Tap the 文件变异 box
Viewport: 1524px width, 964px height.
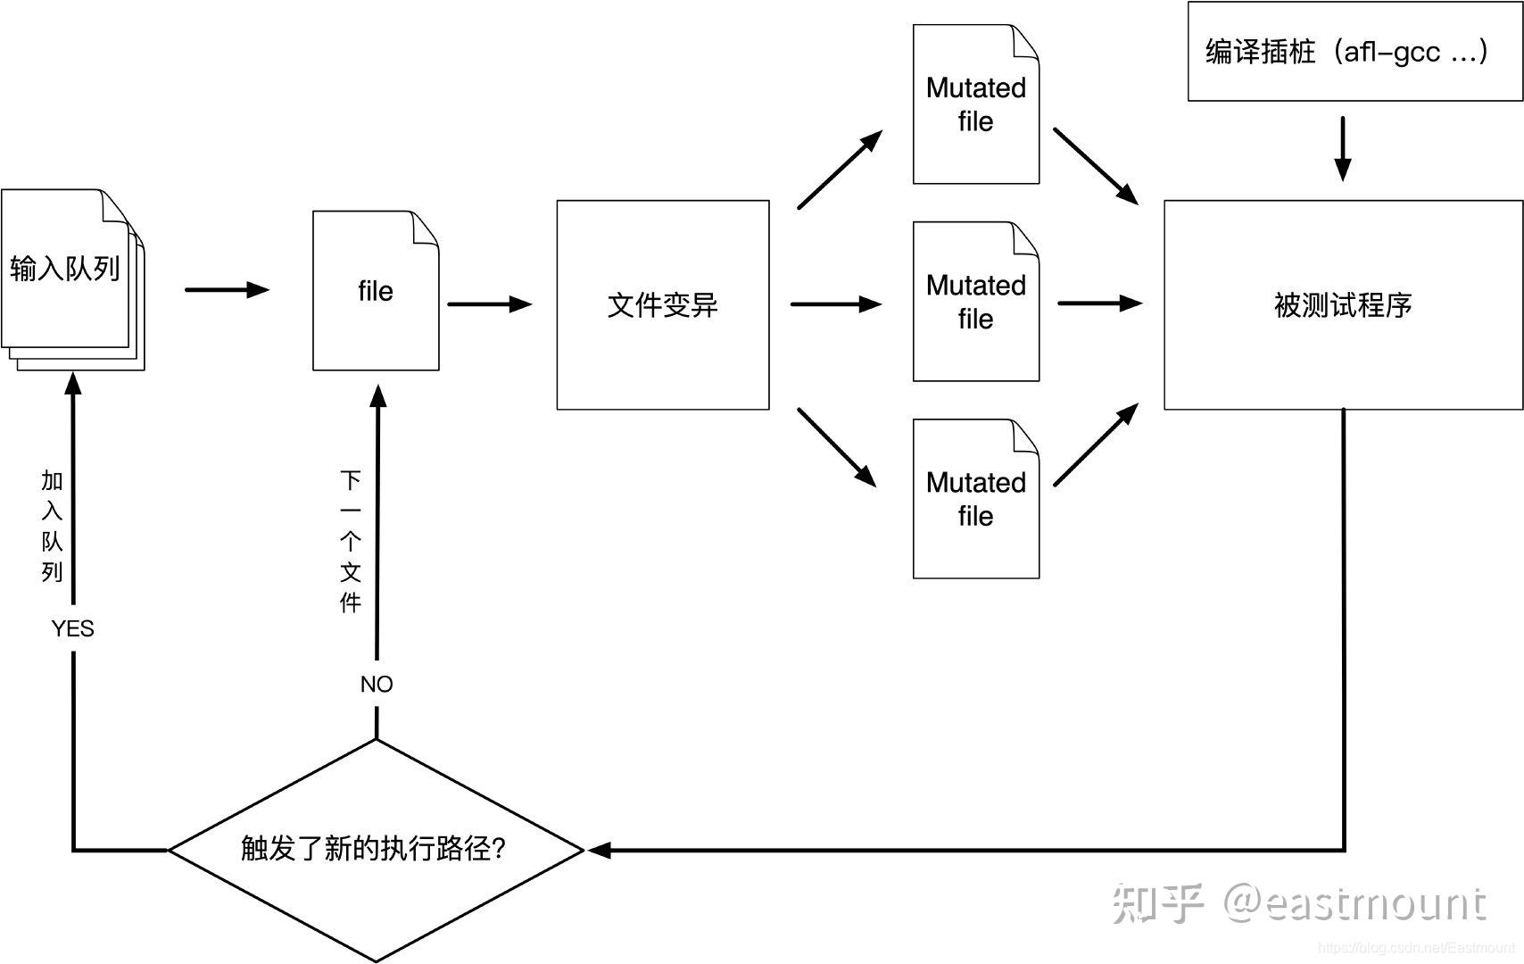pos(662,305)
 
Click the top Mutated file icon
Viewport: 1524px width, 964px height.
pos(975,105)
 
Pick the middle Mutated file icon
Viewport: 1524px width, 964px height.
pos(975,303)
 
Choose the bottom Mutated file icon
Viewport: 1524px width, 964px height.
pos(975,500)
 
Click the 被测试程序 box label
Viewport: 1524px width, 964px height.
pos(1342,305)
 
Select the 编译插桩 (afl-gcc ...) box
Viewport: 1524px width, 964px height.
pos(1354,51)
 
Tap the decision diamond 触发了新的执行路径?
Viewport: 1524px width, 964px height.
pos(376,849)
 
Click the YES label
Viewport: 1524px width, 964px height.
pos(72,629)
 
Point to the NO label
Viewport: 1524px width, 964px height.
pos(377,685)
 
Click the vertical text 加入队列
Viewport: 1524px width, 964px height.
pos(52,527)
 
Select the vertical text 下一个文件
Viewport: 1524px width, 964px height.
pos(350,542)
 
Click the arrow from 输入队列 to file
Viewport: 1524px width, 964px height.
pos(227,290)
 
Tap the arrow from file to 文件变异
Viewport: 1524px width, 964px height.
pos(489,304)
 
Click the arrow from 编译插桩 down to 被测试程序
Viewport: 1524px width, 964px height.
pos(1342,148)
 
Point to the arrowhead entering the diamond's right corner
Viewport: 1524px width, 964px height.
pos(600,851)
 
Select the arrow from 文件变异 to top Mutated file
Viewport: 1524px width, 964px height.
pos(840,170)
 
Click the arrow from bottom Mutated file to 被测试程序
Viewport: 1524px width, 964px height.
pos(1096,445)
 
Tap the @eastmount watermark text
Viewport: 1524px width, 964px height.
pos(1354,903)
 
